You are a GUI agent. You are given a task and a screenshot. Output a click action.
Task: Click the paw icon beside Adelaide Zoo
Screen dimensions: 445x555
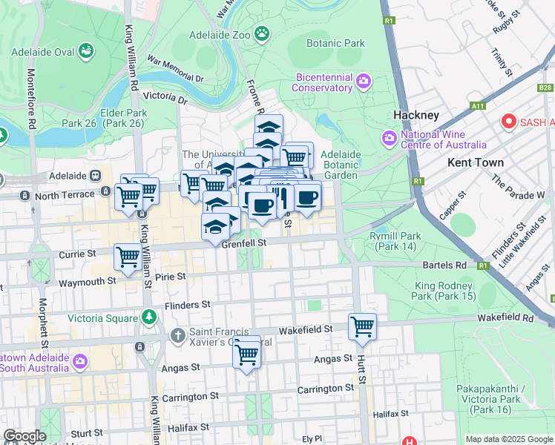tap(261, 33)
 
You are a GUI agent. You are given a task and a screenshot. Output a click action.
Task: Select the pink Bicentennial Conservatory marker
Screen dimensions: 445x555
tap(363, 80)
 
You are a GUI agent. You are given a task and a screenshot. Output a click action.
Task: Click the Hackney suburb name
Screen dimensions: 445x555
tap(416, 115)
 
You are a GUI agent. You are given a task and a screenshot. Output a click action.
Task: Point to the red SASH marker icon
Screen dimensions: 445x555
tap(509, 121)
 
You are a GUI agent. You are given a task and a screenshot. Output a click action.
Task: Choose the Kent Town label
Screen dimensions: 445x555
tap(475, 162)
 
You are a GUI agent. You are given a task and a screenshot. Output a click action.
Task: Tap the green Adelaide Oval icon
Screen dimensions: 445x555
tap(86, 51)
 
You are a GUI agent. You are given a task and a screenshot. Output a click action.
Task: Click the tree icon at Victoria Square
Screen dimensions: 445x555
tap(150, 317)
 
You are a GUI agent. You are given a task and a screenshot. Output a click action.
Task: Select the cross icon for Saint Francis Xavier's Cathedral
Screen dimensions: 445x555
tap(177, 336)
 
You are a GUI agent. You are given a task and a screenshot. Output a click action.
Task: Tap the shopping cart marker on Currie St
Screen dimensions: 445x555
tap(128, 257)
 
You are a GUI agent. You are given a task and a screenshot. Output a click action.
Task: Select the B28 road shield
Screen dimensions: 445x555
tap(545, 88)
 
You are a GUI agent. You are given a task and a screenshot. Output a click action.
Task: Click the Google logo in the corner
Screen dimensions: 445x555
tap(24, 436)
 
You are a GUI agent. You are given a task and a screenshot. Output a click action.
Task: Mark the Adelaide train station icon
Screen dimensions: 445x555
tap(95, 177)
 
